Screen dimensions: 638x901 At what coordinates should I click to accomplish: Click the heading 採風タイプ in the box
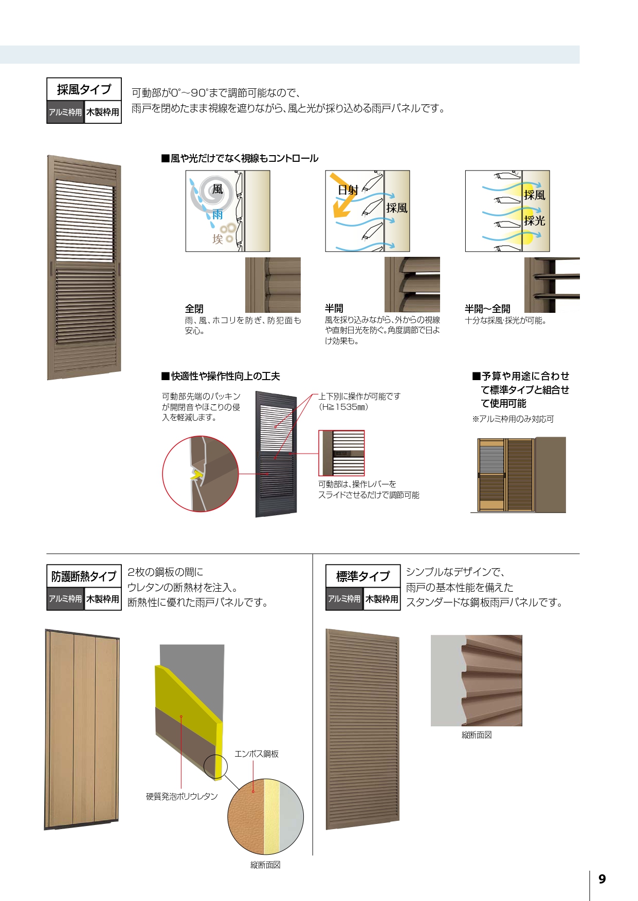[84, 90]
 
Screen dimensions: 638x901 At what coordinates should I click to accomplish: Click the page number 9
[602, 879]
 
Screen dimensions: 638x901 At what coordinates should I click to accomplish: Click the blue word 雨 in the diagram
[217, 215]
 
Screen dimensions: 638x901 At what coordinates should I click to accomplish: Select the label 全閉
[194, 309]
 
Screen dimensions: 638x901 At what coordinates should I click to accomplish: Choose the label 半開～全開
[487, 309]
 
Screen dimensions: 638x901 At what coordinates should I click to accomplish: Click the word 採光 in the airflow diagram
[535, 221]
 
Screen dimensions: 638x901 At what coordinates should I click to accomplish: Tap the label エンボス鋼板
[257, 754]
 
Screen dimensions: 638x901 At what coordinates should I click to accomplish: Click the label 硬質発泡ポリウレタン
[182, 796]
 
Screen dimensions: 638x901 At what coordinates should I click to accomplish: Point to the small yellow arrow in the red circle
[195, 475]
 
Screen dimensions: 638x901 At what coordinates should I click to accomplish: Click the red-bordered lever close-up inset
[341, 453]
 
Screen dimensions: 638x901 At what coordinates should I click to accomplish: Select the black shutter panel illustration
[277, 454]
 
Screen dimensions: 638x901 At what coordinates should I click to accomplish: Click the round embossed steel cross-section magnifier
[265, 817]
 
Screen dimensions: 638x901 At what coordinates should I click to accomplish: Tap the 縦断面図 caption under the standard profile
[477, 735]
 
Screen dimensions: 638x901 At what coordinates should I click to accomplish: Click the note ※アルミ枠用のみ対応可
[513, 419]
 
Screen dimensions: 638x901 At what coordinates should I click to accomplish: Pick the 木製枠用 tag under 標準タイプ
[382, 599]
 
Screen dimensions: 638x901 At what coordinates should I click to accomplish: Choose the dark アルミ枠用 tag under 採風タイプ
[65, 112]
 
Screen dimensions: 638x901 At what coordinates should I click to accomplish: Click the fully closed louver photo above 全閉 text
[273, 285]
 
